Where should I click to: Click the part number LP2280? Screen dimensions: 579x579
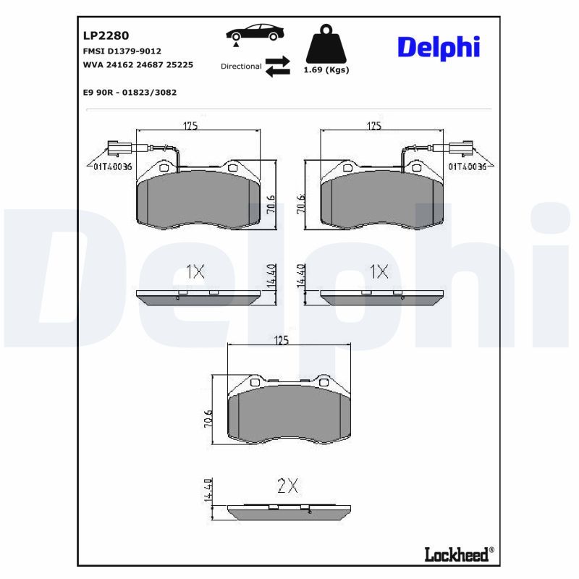pos(106,35)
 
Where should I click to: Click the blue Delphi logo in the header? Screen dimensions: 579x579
pos(439,48)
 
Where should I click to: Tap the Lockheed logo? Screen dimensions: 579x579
pos(459,554)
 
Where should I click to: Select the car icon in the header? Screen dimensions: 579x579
pos(255,33)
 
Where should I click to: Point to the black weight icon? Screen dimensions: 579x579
pos(326,43)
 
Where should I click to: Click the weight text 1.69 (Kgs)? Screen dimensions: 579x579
pos(326,69)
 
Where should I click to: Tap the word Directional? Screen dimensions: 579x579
pos(241,67)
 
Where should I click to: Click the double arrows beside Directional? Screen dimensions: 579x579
pos(278,67)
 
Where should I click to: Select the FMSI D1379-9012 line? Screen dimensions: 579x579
pos(122,51)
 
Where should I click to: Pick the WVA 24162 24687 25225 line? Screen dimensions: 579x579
pos(138,64)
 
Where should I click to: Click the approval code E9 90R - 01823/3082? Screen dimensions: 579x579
pos(130,93)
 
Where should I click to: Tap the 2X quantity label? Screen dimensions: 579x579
pos(287,486)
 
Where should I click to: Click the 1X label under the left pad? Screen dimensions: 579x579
pos(195,272)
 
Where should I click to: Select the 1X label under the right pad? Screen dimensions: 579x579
pos(379,272)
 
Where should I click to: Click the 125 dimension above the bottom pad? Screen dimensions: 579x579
pos(282,340)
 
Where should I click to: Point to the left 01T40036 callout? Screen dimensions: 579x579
pos(113,166)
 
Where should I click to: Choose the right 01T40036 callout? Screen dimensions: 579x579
pos(467,166)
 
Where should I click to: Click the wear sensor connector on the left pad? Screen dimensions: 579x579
pos(118,148)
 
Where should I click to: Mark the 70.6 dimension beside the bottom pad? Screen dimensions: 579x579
pos(208,419)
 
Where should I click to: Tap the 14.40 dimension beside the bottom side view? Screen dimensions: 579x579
pos(208,490)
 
